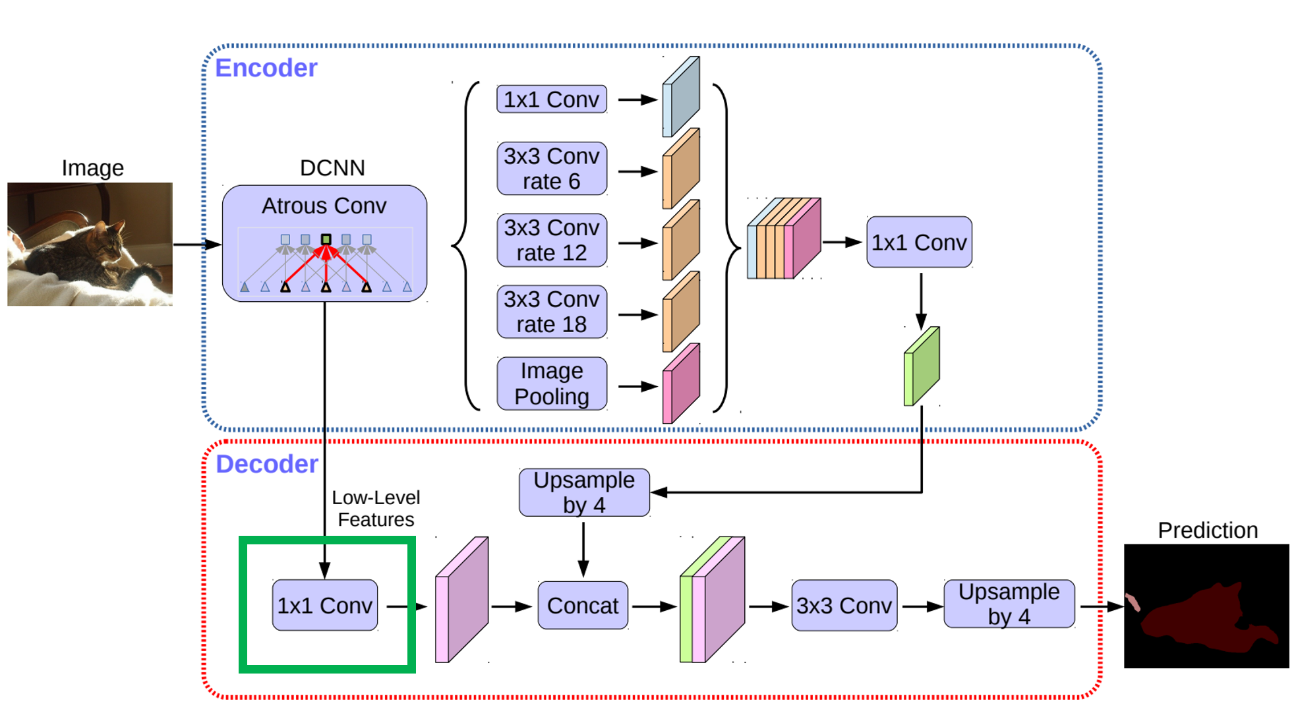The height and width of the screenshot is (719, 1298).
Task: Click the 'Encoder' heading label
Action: pyautogui.click(x=266, y=68)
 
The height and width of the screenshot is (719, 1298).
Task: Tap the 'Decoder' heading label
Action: pyautogui.click(x=267, y=464)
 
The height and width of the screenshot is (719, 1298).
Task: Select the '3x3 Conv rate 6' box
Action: pyautogui.click(x=552, y=168)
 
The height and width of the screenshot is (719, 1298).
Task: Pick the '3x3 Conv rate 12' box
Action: pyautogui.click(x=552, y=240)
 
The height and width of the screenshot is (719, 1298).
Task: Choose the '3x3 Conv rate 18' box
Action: pyautogui.click(x=552, y=312)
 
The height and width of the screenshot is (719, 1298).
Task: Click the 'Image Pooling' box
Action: pyautogui.click(x=552, y=384)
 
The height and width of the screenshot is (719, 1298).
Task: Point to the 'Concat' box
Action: pyautogui.click(x=583, y=605)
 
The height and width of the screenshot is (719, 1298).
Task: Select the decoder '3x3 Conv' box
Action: pyautogui.click(x=844, y=605)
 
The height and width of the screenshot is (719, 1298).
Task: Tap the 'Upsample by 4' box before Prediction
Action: pyautogui.click(x=1009, y=604)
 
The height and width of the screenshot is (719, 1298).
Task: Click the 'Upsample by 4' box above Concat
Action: pyautogui.click(x=584, y=492)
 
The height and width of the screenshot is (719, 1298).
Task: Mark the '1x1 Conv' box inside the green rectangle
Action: pyautogui.click(x=325, y=605)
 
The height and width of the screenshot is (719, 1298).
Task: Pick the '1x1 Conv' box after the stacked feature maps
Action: pyautogui.click(x=920, y=242)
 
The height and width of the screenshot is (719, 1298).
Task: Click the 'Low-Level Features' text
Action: pyautogui.click(x=376, y=508)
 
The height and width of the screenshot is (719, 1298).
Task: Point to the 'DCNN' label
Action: pyautogui.click(x=332, y=168)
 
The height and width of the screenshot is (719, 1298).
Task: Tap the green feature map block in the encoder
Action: pyautogui.click(x=922, y=366)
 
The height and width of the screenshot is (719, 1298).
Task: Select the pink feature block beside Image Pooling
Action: pyautogui.click(x=681, y=384)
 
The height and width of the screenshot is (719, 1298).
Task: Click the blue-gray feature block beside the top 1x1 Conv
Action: pyautogui.click(x=681, y=96)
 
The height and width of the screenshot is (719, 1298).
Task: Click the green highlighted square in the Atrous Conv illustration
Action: pyautogui.click(x=326, y=239)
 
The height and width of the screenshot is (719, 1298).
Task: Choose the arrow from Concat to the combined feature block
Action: pyautogui.click(x=653, y=606)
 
